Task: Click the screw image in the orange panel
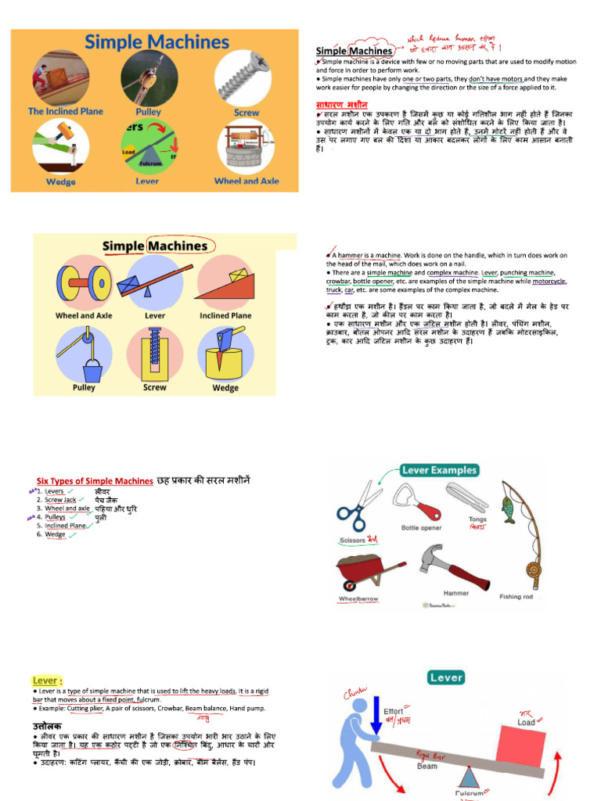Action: (244, 77)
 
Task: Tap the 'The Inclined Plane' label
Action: (66, 112)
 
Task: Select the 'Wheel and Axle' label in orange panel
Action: (247, 181)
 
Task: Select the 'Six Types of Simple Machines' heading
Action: (95, 481)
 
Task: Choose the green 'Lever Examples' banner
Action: (438, 470)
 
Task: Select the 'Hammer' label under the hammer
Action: (456, 594)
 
